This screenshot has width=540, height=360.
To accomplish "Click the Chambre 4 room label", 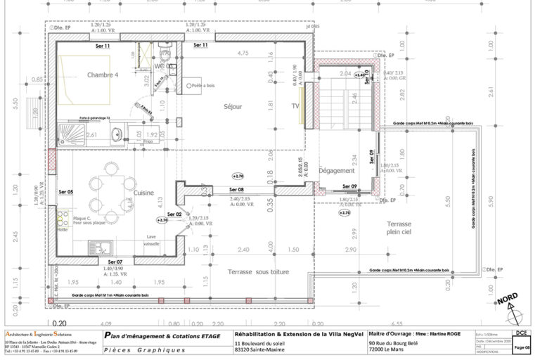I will (x=103, y=75).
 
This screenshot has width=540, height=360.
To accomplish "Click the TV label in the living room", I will (x=295, y=107).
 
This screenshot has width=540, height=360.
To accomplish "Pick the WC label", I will (x=160, y=66).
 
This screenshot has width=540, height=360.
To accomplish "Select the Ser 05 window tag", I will (x=66, y=191).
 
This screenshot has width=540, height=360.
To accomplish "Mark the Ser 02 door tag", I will (x=174, y=214).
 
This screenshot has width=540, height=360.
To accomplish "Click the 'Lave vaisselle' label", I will (x=151, y=240).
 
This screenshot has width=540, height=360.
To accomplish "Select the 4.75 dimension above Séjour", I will (x=244, y=53).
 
